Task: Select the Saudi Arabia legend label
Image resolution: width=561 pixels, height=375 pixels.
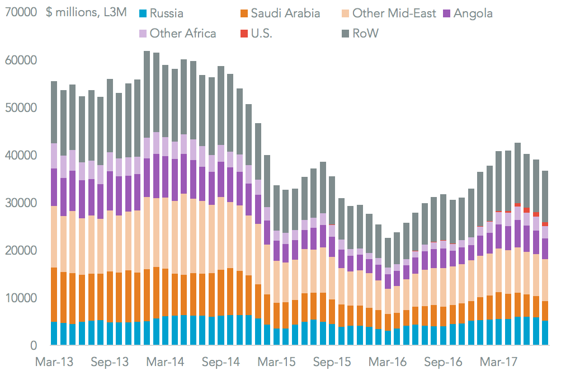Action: coord(286,13)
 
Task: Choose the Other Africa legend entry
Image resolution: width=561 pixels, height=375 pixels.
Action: coord(182,34)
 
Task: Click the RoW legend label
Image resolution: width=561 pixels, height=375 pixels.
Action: coord(366,34)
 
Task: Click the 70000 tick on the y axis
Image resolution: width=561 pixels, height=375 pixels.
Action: coord(21,12)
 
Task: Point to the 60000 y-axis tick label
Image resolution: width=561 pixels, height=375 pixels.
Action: coord(21,60)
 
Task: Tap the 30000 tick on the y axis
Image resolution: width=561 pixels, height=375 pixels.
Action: coord(21,203)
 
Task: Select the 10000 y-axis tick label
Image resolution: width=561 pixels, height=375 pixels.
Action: coord(21,298)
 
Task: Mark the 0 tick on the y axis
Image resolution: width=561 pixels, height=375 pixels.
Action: coord(35,345)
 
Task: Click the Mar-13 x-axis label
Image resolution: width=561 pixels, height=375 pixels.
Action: coord(54,362)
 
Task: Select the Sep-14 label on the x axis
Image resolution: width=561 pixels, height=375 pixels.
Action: coord(221,362)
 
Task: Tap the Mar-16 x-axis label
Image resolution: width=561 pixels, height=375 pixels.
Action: coord(388,362)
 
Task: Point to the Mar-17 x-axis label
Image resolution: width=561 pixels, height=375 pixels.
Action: coord(499,362)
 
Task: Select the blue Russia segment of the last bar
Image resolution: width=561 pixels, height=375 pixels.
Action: coord(545,333)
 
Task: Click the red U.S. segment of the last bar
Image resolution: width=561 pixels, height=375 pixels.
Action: coord(545,224)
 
